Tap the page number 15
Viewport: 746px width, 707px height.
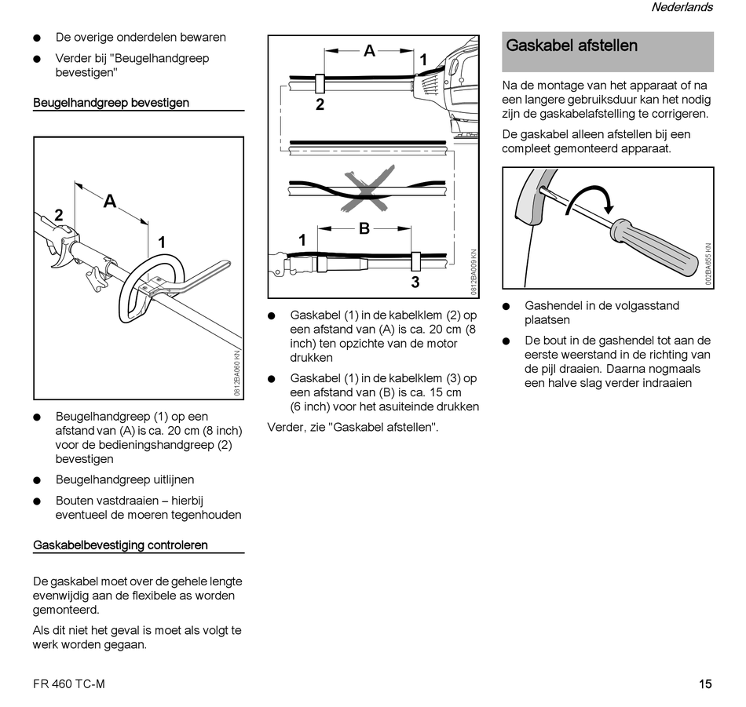point(705,683)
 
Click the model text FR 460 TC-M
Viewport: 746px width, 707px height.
point(69,683)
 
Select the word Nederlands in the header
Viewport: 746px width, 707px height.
point(682,7)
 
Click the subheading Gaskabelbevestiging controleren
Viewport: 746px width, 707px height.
point(120,545)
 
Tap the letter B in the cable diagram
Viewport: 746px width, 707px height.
point(364,229)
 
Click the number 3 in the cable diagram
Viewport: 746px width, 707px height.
point(415,282)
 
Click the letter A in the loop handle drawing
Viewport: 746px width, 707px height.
point(110,202)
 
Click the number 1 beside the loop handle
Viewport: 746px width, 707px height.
point(162,242)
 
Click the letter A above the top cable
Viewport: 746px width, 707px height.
point(369,52)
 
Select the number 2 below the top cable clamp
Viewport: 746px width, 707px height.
point(320,104)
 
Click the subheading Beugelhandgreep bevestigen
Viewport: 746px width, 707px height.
point(111,103)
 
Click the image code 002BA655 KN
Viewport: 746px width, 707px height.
point(708,265)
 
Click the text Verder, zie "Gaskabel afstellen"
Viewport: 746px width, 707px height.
point(353,428)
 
